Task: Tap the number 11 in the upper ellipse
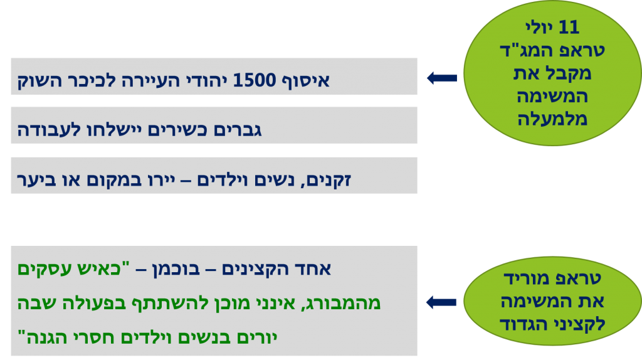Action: point(570,27)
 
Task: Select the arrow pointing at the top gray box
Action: point(441,78)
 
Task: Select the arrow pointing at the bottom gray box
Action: point(441,302)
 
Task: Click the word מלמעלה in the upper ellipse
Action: point(552,119)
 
